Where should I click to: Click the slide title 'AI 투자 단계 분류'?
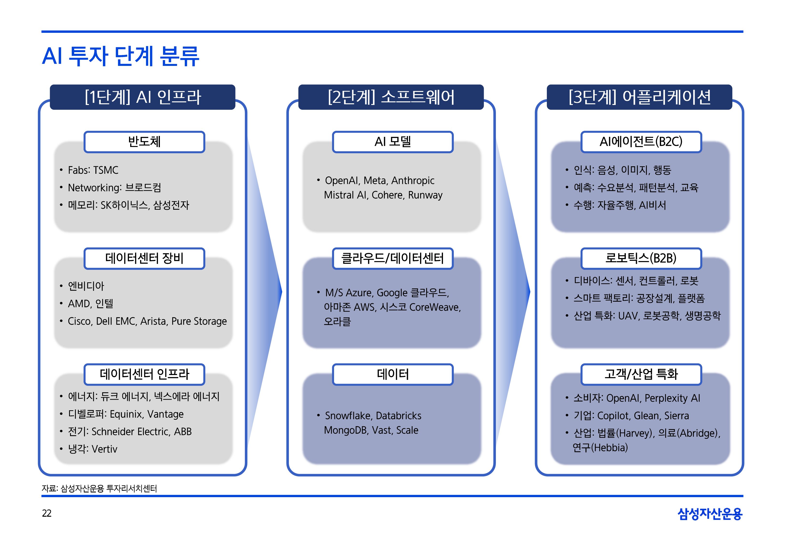(121, 56)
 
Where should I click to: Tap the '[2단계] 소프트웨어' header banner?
(391, 97)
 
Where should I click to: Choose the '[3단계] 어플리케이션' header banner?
(639, 97)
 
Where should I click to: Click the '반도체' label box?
(144, 142)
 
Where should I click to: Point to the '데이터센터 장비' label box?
(144, 258)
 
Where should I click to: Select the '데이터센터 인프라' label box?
(144, 374)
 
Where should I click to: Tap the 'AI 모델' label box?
(393, 142)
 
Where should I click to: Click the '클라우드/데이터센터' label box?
(393, 258)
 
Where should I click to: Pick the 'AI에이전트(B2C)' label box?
(641, 142)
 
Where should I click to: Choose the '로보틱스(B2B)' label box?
(641, 258)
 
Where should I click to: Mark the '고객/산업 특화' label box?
(641, 374)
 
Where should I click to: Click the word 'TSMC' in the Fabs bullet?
(106, 170)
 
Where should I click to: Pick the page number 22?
(47, 513)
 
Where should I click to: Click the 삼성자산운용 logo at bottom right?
(710, 514)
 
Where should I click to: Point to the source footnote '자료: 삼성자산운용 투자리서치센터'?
(99, 488)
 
